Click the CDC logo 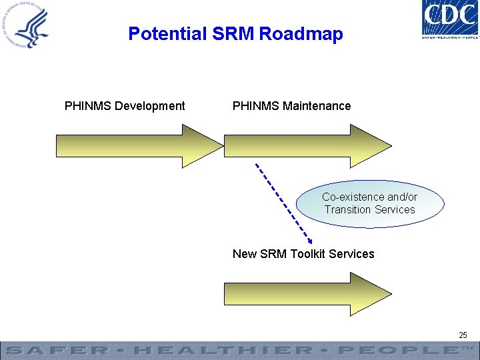450,19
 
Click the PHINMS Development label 125,106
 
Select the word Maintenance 317,106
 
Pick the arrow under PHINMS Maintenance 307,145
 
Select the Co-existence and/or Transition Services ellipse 370,203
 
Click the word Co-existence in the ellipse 353,197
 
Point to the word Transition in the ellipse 347,209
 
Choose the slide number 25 463,335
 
